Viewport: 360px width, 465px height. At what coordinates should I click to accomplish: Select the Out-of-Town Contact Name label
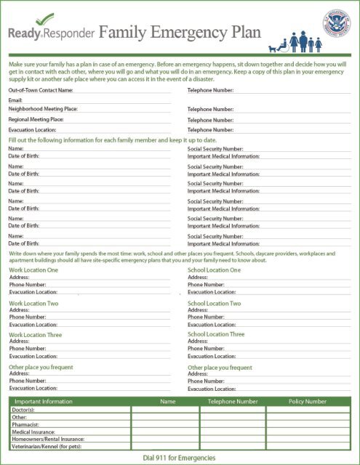click(x=41, y=90)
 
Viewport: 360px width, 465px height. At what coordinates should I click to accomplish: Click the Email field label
click(x=15, y=100)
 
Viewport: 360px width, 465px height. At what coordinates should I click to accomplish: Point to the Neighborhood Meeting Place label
click(x=43, y=108)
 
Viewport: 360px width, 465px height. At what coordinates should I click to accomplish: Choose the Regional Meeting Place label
click(x=36, y=119)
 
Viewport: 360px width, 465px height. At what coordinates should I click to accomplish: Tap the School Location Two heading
click(x=214, y=303)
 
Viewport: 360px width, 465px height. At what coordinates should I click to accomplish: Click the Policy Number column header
click(x=307, y=401)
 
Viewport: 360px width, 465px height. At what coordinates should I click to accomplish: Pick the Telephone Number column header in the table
click(x=233, y=401)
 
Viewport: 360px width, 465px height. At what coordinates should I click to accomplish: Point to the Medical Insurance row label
click(x=33, y=432)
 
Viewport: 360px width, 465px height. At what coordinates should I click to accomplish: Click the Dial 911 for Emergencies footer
click(x=180, y=457)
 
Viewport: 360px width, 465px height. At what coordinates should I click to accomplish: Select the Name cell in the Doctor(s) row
click(x=167, y=410)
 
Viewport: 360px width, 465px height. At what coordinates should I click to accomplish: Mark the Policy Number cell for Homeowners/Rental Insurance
click(x=307, y=439)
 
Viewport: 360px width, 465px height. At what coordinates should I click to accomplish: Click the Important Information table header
click(x=43, y=401)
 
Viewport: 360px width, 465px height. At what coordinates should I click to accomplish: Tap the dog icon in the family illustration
click(x=274, y=47)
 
